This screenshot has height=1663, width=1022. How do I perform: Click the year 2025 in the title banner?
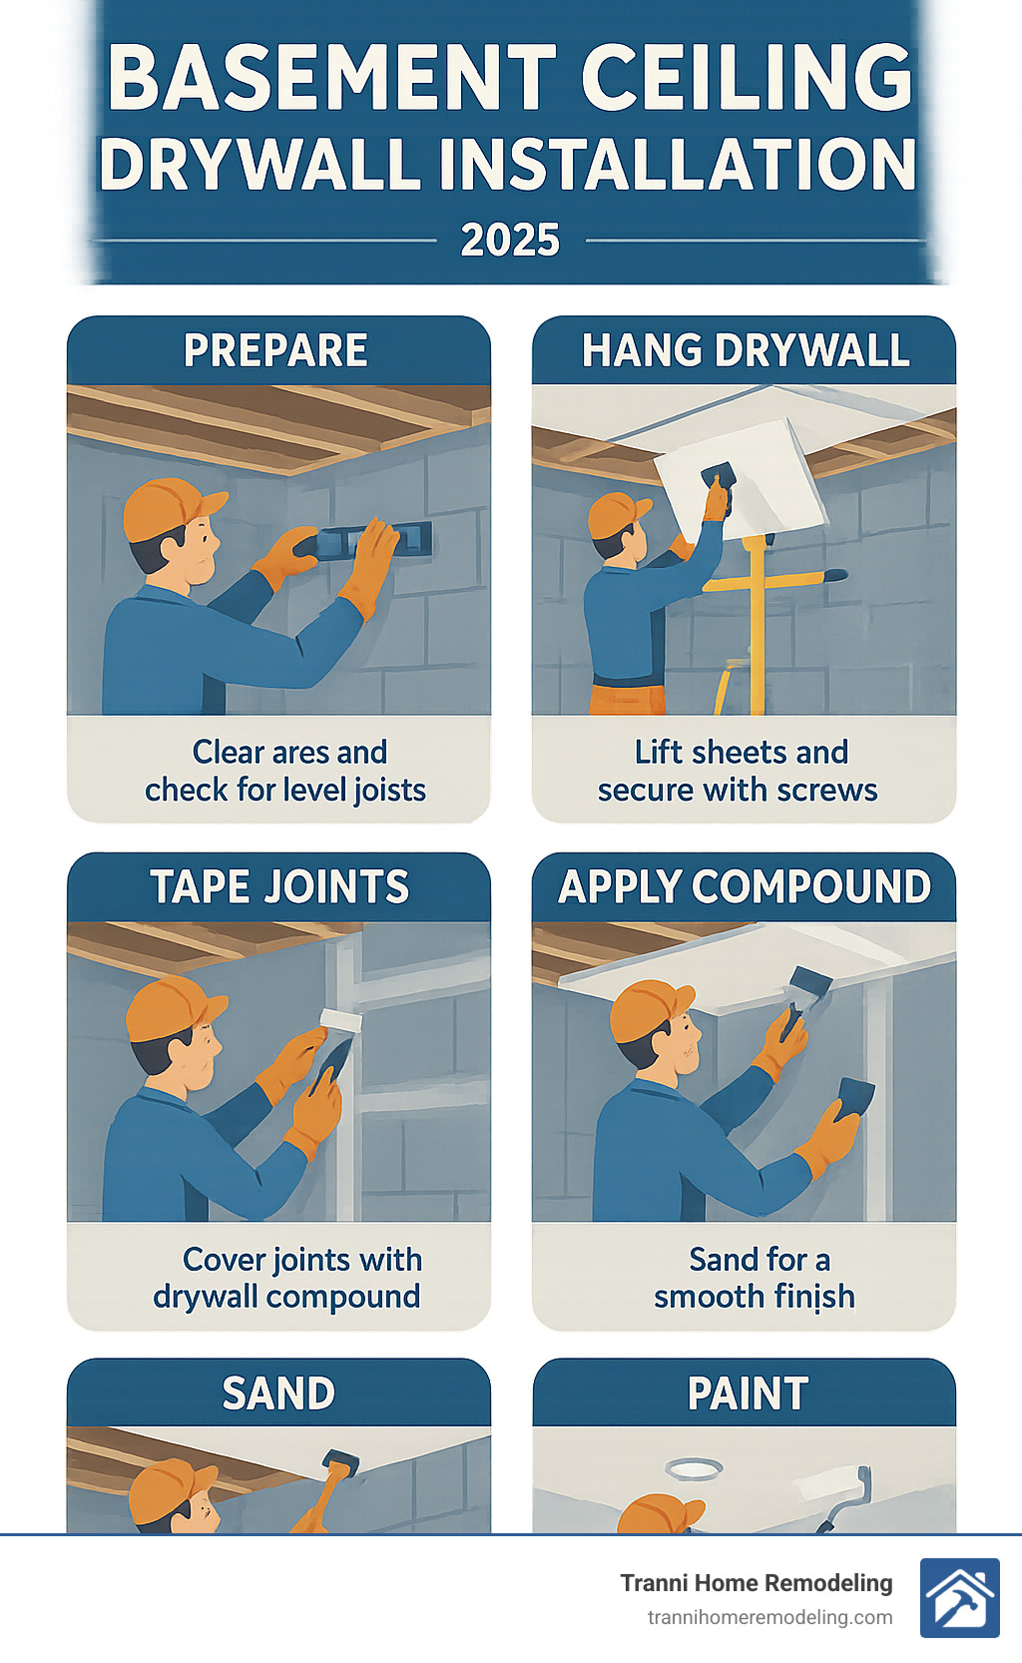pos(510,241)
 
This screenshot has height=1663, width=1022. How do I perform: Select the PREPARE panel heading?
pos(275,350)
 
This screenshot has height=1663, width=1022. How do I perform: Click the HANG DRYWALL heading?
pos(745,350)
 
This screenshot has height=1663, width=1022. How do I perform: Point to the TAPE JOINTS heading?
pos(279,886)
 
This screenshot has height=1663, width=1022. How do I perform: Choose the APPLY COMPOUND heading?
pos(745,886)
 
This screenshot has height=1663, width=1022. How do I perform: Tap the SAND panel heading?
pos(278,1393)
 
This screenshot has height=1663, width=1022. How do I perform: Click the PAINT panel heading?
pos(748,1393)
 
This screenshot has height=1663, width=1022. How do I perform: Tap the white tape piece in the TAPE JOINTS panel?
pos(339,1020)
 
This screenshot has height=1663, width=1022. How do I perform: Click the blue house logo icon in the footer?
pos(959,1598)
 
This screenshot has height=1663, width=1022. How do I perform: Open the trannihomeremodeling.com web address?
pos(769,1617)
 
